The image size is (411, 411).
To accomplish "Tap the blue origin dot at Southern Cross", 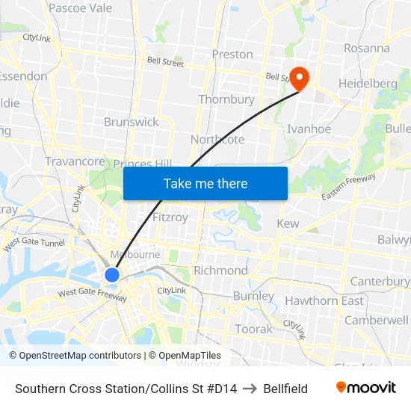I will (x=112, y=275).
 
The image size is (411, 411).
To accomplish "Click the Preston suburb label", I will (x=232, y=55).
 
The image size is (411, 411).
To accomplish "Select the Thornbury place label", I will (x=226, y=99).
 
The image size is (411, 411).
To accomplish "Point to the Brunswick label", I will (x=132, y=122).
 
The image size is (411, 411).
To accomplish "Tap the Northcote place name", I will (x=217, y=140).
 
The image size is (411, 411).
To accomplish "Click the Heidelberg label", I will (x=368, y=83).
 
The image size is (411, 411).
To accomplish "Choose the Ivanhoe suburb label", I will (x=309, y=129).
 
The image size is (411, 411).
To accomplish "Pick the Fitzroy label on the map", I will (x=170, y=217).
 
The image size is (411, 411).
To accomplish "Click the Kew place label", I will (x=288, y=224).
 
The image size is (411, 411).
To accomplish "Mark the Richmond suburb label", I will (x=220, y=271).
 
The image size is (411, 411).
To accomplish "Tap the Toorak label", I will (x=254, y=329).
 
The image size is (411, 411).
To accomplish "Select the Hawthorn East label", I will (x=324, y=301).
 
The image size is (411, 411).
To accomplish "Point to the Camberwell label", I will (x=377, y=320).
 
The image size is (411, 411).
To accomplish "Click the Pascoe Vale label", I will (x=80, y=8).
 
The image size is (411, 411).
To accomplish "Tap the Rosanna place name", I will (x=367, y=48).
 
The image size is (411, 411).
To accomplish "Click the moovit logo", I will (x=366, y=388).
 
